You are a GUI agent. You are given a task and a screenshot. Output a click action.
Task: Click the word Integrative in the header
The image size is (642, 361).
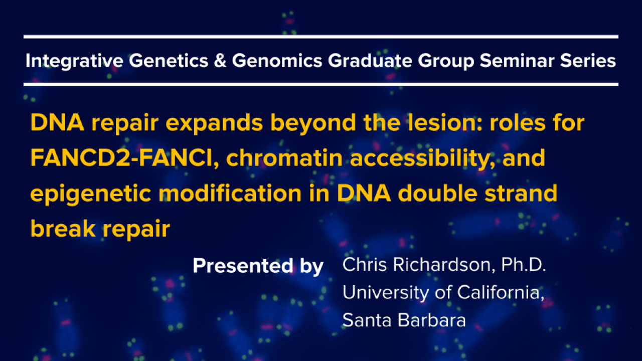tap(75, 61)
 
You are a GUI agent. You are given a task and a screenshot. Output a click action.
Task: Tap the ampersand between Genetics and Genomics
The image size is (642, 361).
tap(220, 61)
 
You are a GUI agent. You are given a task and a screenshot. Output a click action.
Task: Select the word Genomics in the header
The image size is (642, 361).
tap(277, 61)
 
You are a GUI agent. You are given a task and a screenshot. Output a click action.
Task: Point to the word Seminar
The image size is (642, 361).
tap(517, 61)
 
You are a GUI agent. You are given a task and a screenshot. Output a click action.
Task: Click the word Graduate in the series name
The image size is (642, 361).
tap(370, 61)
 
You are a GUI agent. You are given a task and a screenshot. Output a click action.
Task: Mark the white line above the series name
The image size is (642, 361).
tap(321, 37)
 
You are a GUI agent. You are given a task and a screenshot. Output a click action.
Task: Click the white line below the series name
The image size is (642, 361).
tap(321, 85)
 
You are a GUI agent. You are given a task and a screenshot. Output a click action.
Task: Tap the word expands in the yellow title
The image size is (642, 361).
tap(214, 123)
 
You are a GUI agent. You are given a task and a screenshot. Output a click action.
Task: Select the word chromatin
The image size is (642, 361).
tap(284, 157)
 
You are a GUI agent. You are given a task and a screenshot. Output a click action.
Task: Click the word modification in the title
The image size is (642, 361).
tap(230, 193)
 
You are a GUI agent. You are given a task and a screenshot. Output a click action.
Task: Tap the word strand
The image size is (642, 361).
tap(521, 193)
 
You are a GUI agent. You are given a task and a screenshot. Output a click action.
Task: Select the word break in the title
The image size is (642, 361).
tap(63, 228)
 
